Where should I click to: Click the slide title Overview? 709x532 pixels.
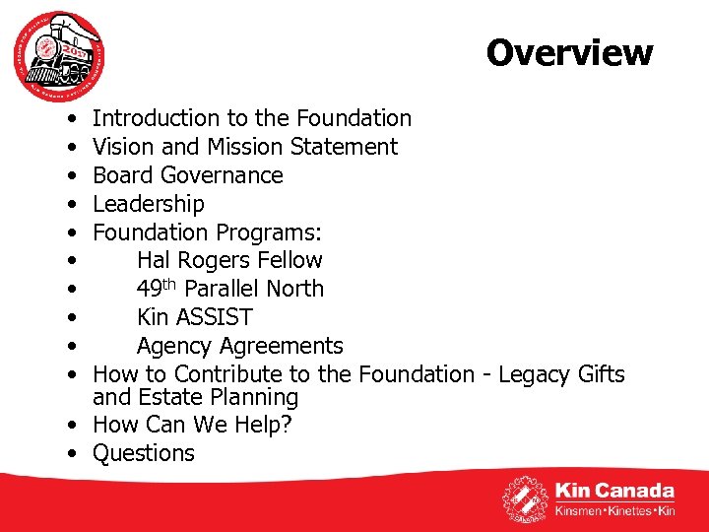point(568,52)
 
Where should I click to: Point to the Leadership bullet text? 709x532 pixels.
point(148,204)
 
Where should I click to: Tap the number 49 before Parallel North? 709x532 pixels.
point(150,289)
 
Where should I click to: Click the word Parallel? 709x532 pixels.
point(226,289)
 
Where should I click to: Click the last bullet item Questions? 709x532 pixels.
point(144,453)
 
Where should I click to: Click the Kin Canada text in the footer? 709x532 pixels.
point(614,491)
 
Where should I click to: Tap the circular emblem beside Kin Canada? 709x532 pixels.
point(526,499)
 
